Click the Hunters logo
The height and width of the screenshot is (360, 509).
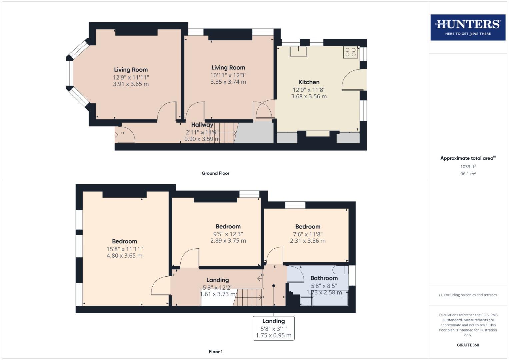click(x=468, y=27)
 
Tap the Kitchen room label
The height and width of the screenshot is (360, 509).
click(x=309, y=82)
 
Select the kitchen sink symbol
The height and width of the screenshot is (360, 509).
click(x=298, y=51)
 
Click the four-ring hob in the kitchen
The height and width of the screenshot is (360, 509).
click(x=350, y=52)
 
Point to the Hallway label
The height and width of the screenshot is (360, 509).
click(x=202, y=125)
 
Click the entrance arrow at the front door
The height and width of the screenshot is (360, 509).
click(x=116, y=135)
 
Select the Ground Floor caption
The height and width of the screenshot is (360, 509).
click(x=215, y=173)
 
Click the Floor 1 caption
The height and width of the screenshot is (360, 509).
click(x=215, y=352)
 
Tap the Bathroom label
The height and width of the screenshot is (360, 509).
click(x=324, y=278)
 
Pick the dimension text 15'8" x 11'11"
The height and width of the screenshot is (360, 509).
click(x=124, y=249)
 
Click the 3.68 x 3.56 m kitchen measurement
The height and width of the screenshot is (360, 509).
click(x=309, y=96)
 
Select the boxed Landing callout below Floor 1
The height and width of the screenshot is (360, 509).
click(x=273, y=328)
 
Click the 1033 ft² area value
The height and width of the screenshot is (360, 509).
click(x=468, y=167)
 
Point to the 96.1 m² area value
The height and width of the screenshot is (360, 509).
click(x=468, y=174)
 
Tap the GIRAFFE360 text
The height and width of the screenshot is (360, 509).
click(x=468, y=345)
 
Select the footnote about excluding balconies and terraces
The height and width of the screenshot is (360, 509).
click(x=468, y=295)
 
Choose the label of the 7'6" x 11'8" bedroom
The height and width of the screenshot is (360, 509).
click(x=308, y=227)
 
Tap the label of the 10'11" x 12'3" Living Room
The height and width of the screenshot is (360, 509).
click(x=228, y=68)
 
